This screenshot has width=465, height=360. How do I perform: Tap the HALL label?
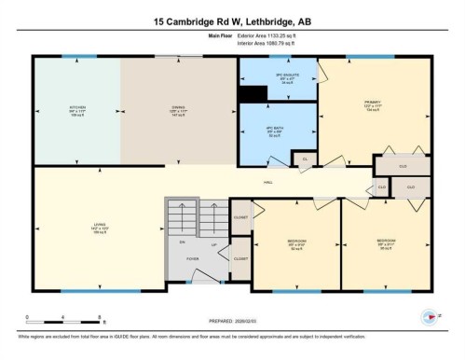click(x=267, y=182)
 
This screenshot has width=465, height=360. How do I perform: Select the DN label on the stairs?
click(x=182, y=241)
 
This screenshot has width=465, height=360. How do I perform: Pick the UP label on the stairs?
click(x=214, y=246)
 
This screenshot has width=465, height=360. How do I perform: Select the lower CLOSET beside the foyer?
click(x=239, y=258)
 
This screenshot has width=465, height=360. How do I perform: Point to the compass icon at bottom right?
click(x=430, y=317)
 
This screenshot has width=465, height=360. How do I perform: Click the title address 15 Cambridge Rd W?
click(x=232, y=18)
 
